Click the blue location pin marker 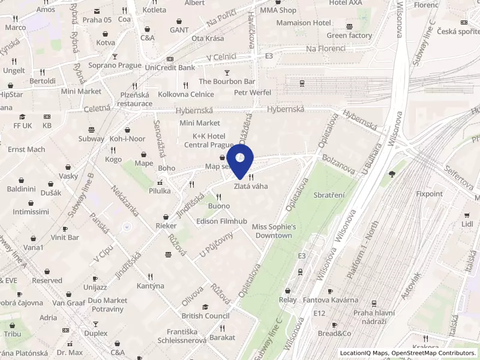tap(240, 160)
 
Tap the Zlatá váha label tap(251, 187)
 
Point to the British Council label tap(206, 316)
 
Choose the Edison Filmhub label tap(221, 221)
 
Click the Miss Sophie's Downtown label tap(274, 231)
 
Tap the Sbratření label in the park tap(330, 196)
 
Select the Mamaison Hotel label tap(304, 23)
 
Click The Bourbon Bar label tap(227, 81)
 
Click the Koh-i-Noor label tap(127, 139)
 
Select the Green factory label tap(349, 35)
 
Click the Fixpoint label tap(429, 194)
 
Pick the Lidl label tap(467, 224)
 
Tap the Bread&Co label tap(334, 333)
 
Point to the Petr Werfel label tap(252, 92)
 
